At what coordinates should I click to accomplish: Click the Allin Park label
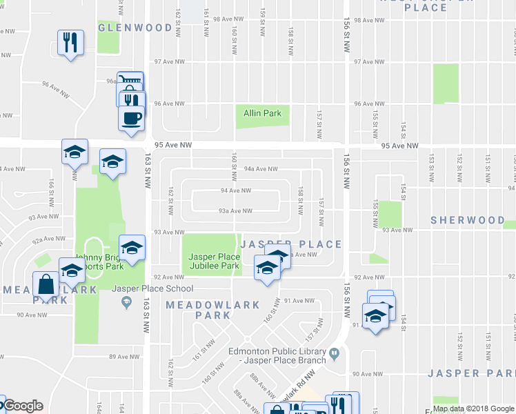point(263,113)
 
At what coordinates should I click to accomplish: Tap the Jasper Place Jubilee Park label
point(214,261)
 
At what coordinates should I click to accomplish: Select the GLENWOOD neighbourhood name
point(135,28)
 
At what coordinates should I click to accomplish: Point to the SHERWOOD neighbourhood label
point(468,220)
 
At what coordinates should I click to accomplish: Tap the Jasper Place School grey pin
point(126,302)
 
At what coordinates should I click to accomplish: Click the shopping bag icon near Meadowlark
point(46,284)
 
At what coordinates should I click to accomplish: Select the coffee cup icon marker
point(131,117)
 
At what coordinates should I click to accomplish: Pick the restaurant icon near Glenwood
point(70,43)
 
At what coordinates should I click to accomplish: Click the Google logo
point(22,406)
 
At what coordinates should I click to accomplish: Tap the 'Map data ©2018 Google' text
point(473,408)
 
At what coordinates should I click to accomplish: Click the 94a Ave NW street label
point(261,168)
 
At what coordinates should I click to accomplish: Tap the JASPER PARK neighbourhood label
point(471,373)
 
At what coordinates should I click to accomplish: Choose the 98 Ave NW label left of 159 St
point(228,19)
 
